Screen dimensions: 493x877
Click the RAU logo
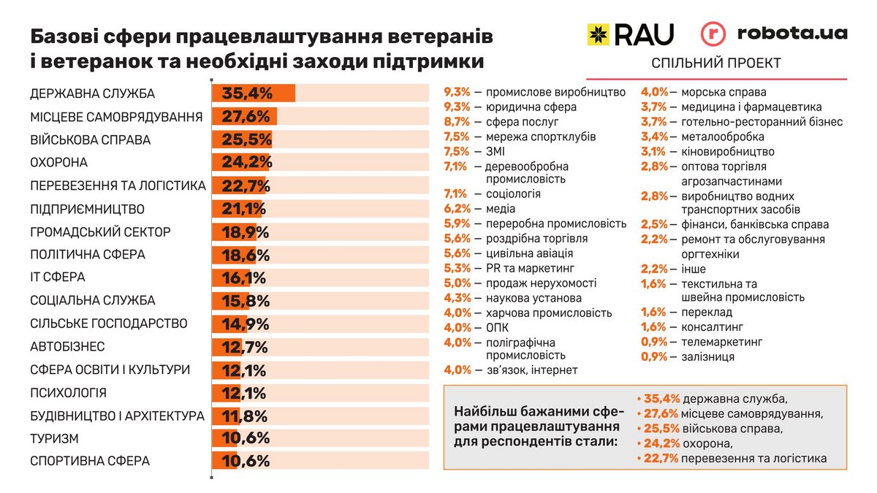[630, 33]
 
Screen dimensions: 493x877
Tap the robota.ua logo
[773, 34]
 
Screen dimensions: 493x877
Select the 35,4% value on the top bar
[247, 93]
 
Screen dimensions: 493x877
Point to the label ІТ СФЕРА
[58, 278]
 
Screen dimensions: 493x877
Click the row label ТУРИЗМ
[55, 438]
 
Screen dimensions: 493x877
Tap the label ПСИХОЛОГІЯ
[69, 392]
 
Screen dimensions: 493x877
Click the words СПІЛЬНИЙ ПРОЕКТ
[716, 64]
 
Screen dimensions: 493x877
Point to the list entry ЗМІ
[495, 151]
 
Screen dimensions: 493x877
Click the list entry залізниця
[707, 356]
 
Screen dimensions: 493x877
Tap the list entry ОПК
[497, 327]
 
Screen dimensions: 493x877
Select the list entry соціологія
[513, 194]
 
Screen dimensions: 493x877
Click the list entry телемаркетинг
[721, 341]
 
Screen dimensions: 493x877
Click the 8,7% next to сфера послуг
[458, 122]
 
